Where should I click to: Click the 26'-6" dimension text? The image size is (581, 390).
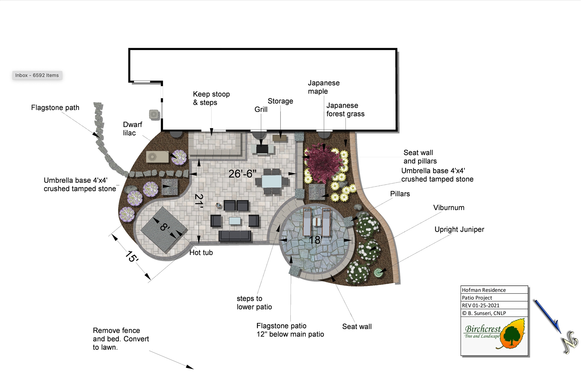[242, 174]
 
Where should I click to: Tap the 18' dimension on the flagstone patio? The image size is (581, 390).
[316, 240]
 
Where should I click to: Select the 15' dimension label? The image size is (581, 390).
[132, 256]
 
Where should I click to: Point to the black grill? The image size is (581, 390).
[262, 149]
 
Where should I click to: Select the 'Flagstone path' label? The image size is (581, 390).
[55, 108]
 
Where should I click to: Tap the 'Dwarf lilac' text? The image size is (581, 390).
[132, 129]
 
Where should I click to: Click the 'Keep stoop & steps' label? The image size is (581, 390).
[211, 98]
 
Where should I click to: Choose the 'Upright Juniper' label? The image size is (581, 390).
[459, 229]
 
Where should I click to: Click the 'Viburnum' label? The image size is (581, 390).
[449, 208]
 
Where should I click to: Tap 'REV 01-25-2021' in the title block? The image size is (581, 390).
[480, 305]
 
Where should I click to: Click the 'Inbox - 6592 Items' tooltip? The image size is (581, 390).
[37, 75]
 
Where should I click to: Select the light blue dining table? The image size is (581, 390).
[272, 181]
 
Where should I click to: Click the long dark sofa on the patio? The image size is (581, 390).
[235, 235]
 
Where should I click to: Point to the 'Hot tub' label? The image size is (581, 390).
[201, 253]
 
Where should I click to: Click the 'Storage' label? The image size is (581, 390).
[280, 101]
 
